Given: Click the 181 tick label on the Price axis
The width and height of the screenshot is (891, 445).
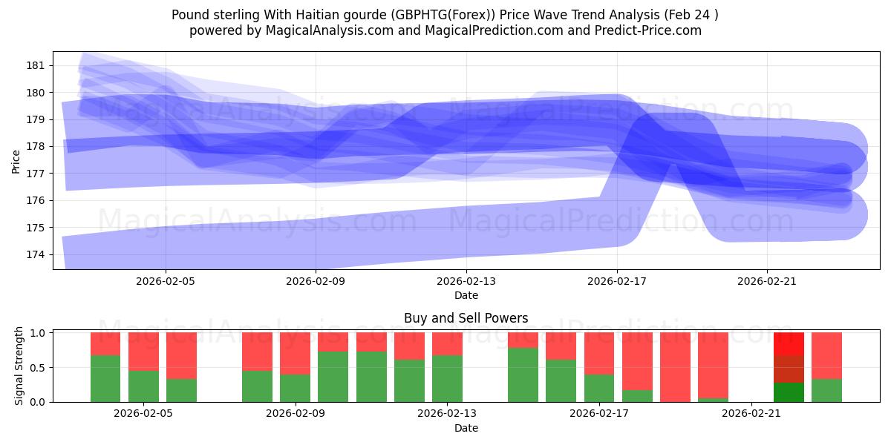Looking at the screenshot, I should click(36, 65).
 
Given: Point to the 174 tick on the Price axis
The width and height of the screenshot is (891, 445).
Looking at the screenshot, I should click(36, 254).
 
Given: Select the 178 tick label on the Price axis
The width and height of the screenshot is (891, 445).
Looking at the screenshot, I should click(36, 146).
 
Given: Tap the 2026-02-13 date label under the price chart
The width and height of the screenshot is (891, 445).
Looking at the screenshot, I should click(466, 281).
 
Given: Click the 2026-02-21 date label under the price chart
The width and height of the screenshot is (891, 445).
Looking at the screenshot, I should click(766, 281).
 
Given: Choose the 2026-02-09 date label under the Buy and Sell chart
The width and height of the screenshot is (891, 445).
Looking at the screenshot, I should click(296, 414).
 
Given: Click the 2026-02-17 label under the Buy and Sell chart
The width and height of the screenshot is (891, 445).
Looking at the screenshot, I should click(598, 414).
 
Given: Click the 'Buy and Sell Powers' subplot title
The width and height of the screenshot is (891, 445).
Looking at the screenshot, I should click(466, 318).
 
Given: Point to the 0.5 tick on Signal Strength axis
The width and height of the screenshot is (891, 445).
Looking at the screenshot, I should click(37, 367).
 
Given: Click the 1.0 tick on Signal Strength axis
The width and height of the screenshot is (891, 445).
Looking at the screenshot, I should click(37, 333).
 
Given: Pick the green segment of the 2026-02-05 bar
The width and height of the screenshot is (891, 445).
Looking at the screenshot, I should click(143, 386).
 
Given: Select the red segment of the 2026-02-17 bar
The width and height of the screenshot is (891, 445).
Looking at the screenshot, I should click(598, 353).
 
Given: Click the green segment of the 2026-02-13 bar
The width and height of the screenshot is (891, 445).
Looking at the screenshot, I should click(447, 378).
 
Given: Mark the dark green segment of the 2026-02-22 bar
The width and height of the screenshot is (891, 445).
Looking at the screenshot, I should click(789, 392).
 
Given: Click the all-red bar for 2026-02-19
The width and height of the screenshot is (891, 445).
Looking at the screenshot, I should click(675, 367).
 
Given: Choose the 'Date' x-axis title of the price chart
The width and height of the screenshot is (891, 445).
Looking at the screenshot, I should click(466, 295).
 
